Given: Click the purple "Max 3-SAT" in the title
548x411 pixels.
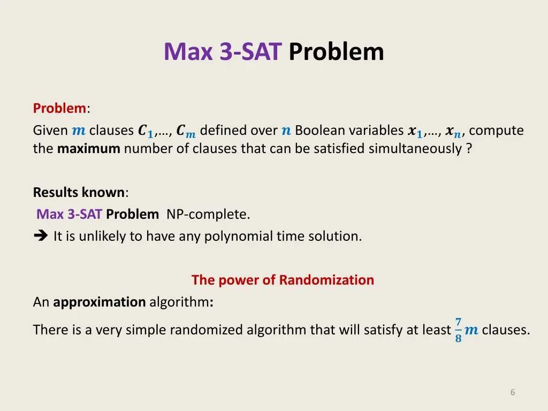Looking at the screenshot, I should coord(222,52).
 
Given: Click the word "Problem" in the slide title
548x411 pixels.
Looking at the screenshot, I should coord(336,52).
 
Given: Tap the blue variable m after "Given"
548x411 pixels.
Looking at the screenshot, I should coord(78,131).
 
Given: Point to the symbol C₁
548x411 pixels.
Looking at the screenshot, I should coord(145,131).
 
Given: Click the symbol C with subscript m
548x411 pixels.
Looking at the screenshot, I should coord(186,132).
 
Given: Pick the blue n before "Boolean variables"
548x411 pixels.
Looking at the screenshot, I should coord(286,131).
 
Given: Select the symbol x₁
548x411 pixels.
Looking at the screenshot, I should coord(415,131).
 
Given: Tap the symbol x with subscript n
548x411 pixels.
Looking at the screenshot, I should coord(453,132).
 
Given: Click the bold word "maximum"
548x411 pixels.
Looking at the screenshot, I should coord(88,149).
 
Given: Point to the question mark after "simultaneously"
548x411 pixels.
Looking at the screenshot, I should coord(469,149).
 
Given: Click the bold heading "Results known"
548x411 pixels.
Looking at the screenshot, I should coord(79,192).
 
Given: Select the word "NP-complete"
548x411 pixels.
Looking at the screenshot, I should coord(208,215).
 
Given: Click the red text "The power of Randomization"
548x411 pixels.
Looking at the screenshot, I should coord(283,280).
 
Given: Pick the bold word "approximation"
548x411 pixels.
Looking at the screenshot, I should coord(100,302).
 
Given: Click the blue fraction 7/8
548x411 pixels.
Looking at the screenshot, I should coord(458,330).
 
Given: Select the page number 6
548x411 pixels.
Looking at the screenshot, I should coord(512,392).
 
